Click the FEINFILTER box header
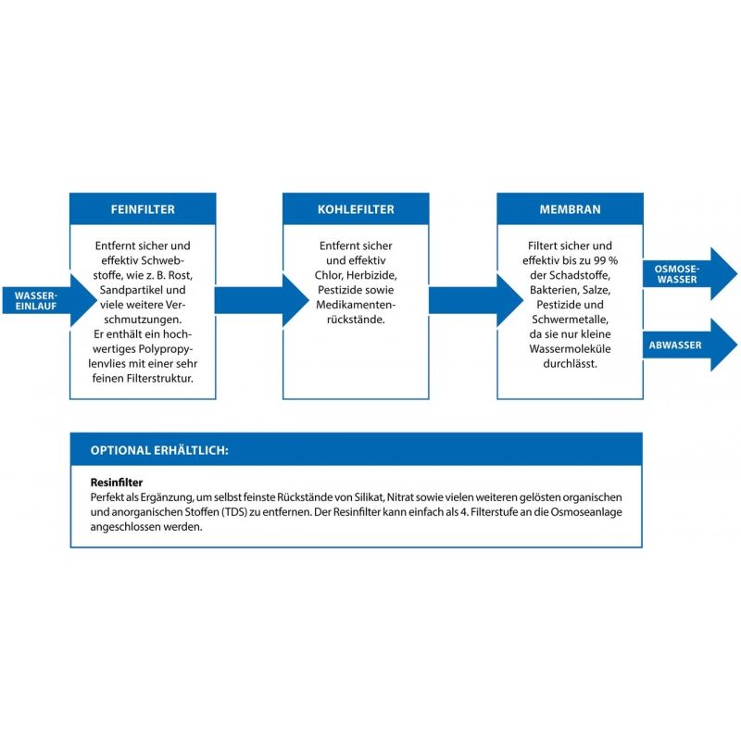click(x=143, y=209)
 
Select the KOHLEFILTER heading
click(x=356, y=209)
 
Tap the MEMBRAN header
click(x=570, y=209)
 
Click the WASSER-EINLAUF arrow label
click(x=36, y=300)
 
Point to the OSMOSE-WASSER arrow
click(x=690, y=273)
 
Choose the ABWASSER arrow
click(x=690, y=345)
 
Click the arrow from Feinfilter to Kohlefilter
click(x=261, y=300)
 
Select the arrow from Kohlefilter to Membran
click(x=476, y=300)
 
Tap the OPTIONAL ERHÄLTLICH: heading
click(x=159, y=450)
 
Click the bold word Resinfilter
click(x=117, y=483)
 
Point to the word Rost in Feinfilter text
click(x=180, y=275)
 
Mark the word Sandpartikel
click(x=126, y=290)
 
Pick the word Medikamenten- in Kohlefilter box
click(x=356, y=305)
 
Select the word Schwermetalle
click(x=570, y=320)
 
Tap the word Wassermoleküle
click(x=570, y=349)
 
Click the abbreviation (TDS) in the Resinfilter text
click(x=234, y=512)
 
